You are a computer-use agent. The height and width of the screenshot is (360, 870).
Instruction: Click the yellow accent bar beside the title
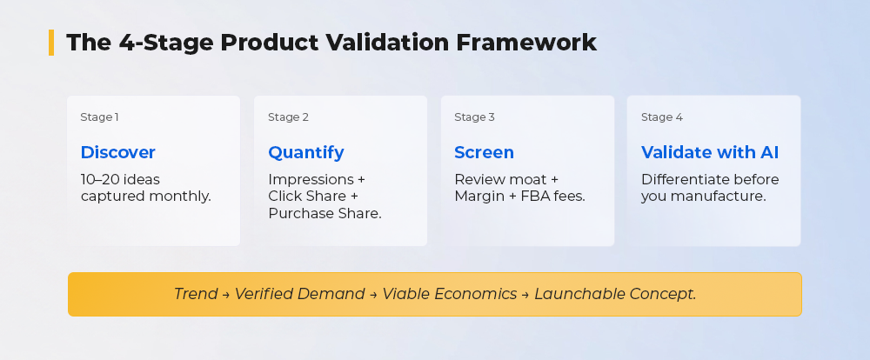coord(51,43)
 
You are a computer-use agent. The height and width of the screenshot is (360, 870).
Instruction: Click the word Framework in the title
coord(526,43)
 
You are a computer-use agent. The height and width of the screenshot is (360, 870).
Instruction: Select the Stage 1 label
coord(99,117)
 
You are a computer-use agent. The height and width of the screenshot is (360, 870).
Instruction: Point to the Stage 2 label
coord(288,117)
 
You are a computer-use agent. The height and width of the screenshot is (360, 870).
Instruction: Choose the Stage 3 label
coord(474,117)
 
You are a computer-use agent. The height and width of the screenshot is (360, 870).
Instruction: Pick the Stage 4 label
coord(662,117)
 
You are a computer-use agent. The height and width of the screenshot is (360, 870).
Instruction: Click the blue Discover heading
coord(117,152)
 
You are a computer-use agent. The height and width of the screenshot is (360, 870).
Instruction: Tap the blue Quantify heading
coord(305,152)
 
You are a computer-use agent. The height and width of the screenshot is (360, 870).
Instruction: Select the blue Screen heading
coord(484,152)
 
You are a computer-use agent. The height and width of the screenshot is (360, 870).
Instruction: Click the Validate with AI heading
coord(710,152)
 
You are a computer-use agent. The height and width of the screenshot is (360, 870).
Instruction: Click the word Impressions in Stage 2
coord(311,180)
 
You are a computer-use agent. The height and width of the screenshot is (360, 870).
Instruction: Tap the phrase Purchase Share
coord(325,214)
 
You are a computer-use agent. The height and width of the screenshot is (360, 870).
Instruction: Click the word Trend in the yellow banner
coord(195,294)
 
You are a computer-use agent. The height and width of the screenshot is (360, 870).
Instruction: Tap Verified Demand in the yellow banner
coord(299,294)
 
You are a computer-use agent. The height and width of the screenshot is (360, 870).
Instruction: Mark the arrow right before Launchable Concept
coord(525,295)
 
